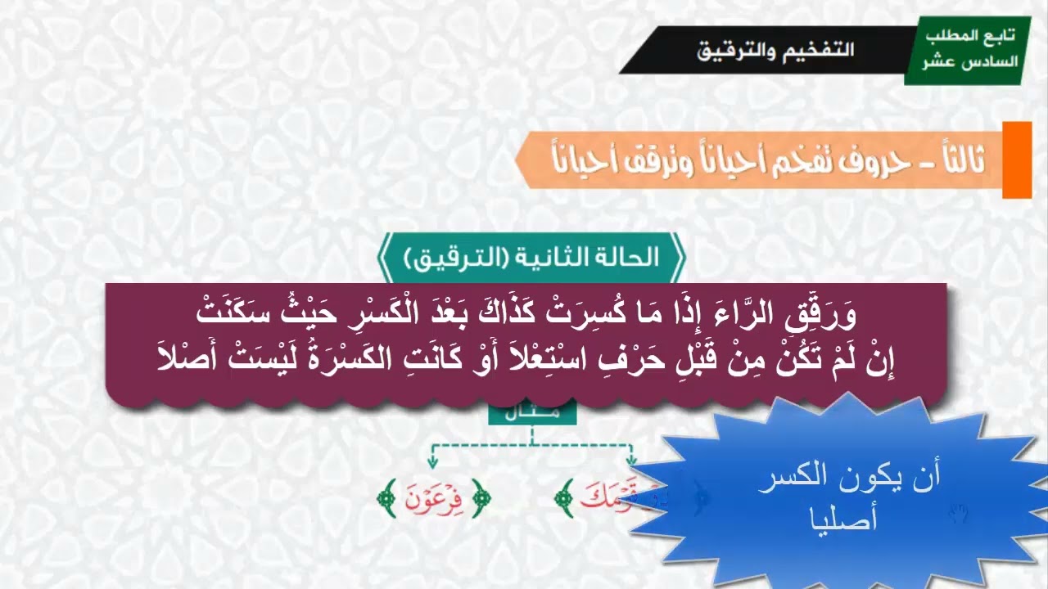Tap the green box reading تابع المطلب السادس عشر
(967, 50)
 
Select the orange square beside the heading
(1017, 160)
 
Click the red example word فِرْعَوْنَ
(434, 497)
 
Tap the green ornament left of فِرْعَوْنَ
(385, 497)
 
